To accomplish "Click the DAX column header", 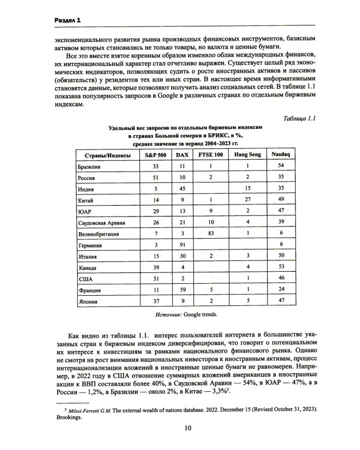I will coord(182,155).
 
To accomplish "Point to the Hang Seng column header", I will coord(247,155).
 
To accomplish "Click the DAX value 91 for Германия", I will coord(182,245).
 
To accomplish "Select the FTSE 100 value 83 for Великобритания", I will coord(210,233).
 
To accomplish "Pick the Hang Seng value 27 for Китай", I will coord(247,199).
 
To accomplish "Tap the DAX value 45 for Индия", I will coord(182,188).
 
